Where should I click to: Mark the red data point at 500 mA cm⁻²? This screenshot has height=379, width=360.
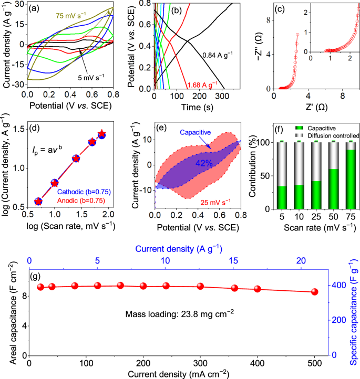(315, 292)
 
